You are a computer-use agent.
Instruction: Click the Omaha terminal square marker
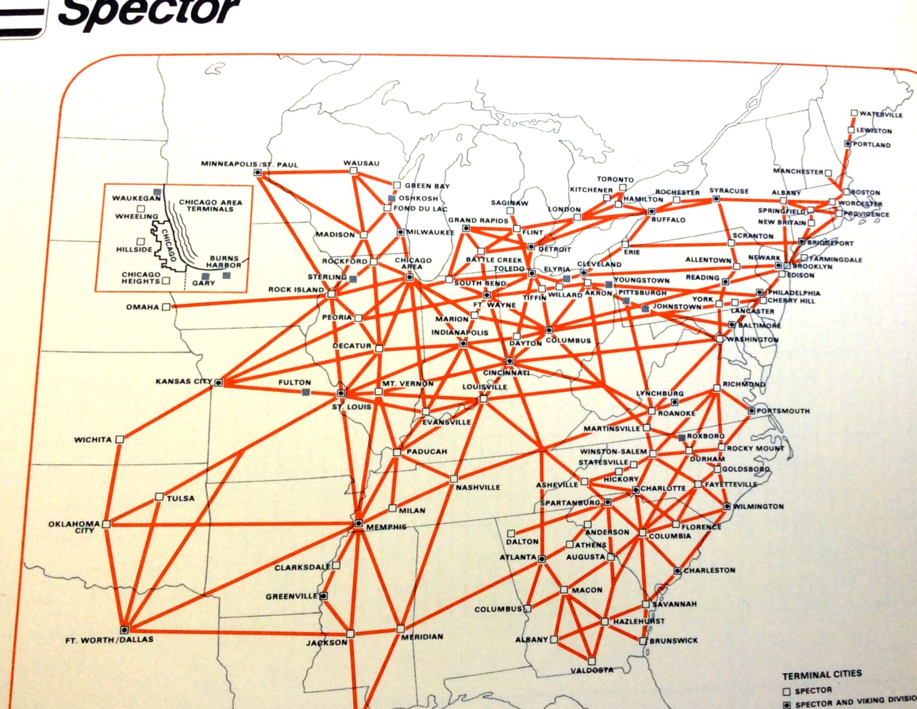tap(166, 307)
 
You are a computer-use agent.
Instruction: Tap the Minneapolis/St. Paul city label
tap(249, 164)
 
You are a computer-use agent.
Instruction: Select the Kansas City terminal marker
tap(218, 382)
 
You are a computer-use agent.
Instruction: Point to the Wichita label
tap(93, 440)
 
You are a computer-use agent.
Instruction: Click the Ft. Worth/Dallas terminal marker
tap(125, 629)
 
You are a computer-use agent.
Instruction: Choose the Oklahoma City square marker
tap(106, 524)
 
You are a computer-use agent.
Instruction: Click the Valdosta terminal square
tap(592, 661)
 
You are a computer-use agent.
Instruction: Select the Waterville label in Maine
tap(881, 114)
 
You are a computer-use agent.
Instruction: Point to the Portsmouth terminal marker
tap(752, 411)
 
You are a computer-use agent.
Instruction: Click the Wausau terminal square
tap(353, 171)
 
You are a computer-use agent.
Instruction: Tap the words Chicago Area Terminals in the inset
tap(210, 205)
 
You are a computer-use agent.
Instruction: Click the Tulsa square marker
tap(159, 497)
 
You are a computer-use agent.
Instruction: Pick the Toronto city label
tap(615, 179)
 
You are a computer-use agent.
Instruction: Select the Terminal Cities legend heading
tap(822, 675)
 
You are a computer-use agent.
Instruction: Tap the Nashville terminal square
tap(454, 479)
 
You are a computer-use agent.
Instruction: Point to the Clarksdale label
tap(302, 567)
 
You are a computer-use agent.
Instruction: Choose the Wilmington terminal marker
tap(727, 506)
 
